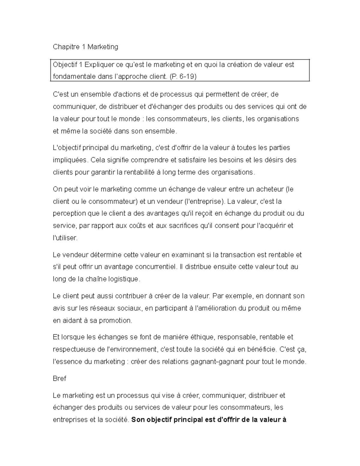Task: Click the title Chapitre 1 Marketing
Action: click(85, 47)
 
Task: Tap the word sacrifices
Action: click(174, 226)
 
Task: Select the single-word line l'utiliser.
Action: click(65, 238)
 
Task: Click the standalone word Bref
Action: click(59, 378)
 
